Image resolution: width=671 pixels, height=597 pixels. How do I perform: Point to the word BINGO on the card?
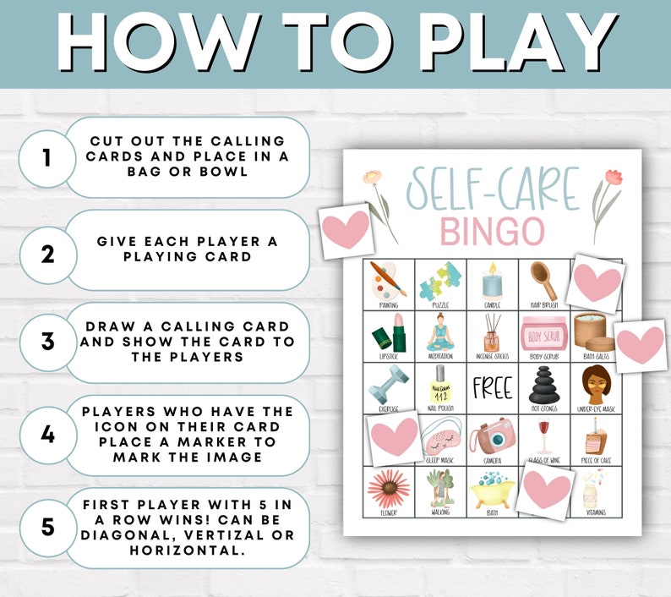coord(492,230)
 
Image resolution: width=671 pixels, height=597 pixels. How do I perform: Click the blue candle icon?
coord(493,280)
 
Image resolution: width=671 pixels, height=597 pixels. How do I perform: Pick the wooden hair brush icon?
coord(543,278)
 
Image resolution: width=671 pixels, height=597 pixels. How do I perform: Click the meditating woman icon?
coord(440,332)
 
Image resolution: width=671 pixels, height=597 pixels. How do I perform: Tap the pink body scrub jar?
coord(543,331)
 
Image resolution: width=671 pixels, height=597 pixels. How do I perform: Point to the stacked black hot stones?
coord(543,385)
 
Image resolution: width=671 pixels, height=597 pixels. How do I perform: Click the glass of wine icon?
coord(543,435)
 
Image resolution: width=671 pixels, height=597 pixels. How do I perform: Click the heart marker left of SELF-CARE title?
coord(346,230)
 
